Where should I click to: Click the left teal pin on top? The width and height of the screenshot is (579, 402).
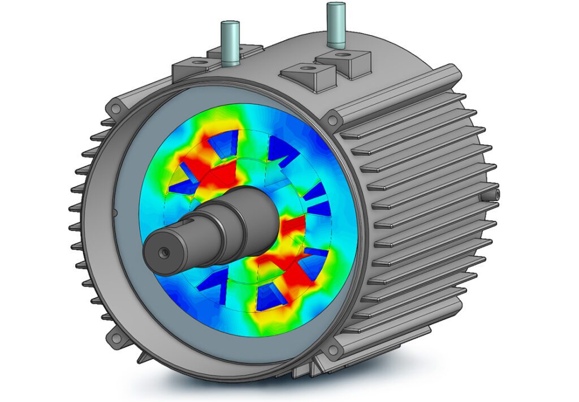[x=231, y=43]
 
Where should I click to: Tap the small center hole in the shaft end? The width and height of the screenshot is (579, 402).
[x=163, y=250]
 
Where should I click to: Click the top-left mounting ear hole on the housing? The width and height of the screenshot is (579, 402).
[x=116, y=107]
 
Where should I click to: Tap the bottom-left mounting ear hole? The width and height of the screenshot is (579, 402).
[x=118, y=338]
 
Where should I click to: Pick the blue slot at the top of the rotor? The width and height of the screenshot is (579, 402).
[x=226, y=143]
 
